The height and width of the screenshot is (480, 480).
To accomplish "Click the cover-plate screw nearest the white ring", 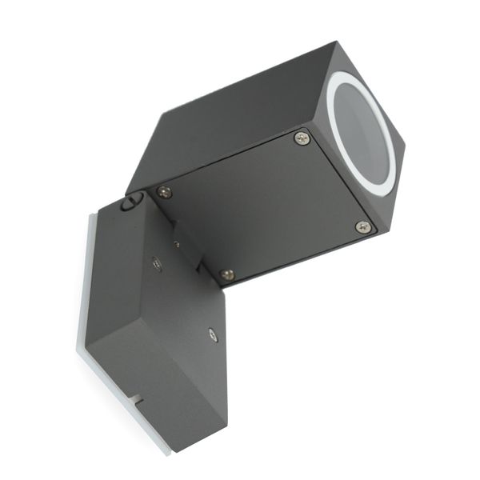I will point(302,138).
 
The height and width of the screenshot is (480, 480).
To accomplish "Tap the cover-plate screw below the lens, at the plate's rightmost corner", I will point(362,226).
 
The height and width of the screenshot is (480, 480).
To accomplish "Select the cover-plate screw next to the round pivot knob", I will point(164,192).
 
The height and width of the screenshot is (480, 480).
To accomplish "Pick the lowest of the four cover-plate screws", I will point(227,274).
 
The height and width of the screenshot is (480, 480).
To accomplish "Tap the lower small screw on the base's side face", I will point(212,336).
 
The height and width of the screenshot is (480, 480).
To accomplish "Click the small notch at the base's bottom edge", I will point(138,397).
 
